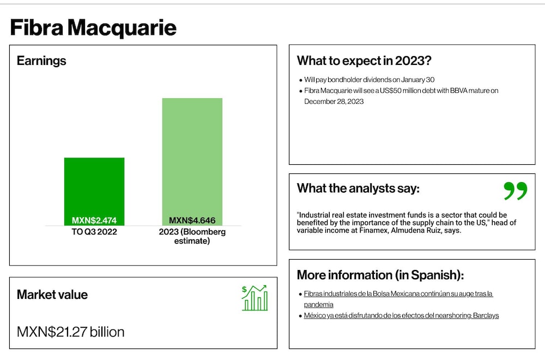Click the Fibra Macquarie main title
pos(93,27)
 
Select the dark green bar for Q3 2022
pos(94,191)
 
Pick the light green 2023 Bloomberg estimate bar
pos(192,162)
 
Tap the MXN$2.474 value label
pos(94,220)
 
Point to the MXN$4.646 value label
pos(192,220)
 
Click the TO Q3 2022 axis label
pos(94,232)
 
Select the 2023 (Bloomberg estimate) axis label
pos(192,236)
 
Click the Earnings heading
pos(41,61)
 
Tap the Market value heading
pos(52,295)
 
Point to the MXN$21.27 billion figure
pos(70,332)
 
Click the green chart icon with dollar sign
pos(255,298)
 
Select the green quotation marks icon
pos(516,190)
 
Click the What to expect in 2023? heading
pos(364,61)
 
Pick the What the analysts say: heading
pos(358,188)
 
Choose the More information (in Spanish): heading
pos(380,275)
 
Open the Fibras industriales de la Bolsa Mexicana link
pos(398,299)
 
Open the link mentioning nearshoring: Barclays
pos(402,315)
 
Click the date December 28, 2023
pos(334,101)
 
